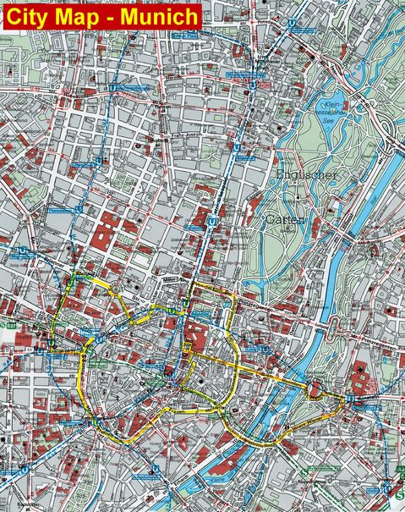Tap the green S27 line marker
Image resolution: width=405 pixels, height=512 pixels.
[6, 312]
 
